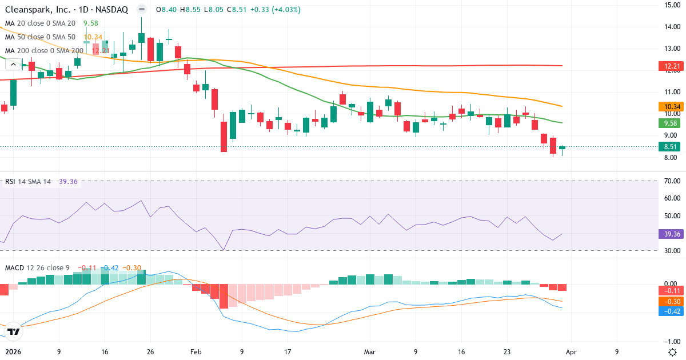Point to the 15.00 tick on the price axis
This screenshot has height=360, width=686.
click(671, 5)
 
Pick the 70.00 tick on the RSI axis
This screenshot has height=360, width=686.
click(671, 181)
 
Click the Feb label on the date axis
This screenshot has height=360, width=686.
click(196, 352)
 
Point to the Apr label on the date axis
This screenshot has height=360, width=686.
click(572, 352)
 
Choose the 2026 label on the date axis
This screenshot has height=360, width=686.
click(13, 352)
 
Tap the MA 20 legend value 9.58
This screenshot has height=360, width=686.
click(91, 23)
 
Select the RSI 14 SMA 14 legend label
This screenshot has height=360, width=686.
click(28, 182)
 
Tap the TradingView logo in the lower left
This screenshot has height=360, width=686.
click(14, 331)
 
